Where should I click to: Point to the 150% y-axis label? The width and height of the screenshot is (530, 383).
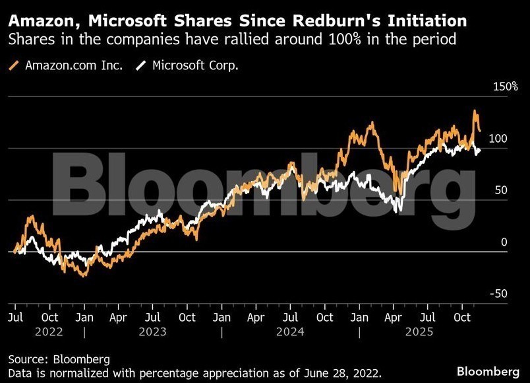tap(506, 87)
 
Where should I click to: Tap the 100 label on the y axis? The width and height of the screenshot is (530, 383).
tap(498, 139)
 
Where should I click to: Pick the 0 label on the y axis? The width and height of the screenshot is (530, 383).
tap(504, 242)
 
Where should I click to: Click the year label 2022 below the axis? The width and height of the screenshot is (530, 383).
tap(49, 332)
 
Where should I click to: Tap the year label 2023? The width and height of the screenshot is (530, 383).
tap(152, 332)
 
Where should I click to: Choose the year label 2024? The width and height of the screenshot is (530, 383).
tap(290, 332)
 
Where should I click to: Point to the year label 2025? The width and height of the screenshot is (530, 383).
tap(419, 332)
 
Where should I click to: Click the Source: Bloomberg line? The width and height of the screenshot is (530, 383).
tap(59, 359)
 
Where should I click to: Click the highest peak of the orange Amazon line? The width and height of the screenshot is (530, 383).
tap(475, 111)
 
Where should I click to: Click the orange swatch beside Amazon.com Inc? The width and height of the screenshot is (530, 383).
tap(15, 65)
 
